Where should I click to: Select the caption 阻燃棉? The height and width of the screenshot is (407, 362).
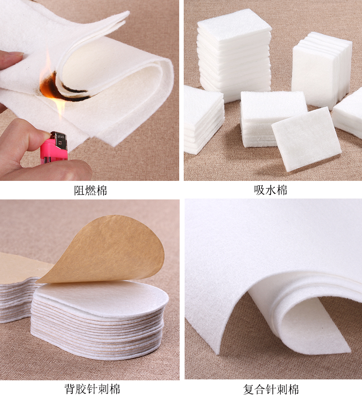pyautogui.click(x=90, y=190)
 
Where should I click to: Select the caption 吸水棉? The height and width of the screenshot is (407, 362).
pyautogui.click(x=271, y=190)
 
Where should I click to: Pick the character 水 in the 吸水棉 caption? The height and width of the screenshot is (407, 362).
pyautogui.click(x=271, y=190)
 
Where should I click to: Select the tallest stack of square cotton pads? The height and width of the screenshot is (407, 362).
pyautogui.click(x=234, y=54)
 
